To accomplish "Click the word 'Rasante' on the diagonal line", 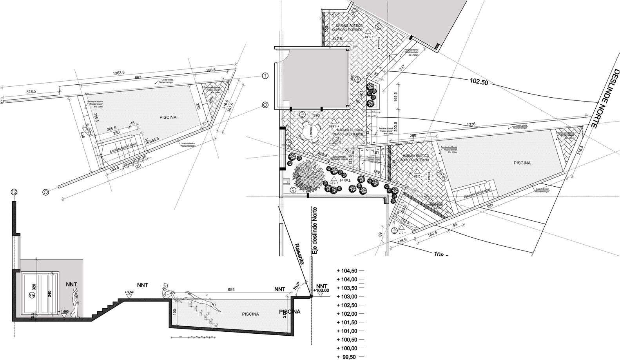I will click(x=299, y=254).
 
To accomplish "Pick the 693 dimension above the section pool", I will click(x=231, y=289).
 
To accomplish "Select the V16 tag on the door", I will click(x=32, y=295).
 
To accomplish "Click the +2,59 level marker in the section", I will click(x=129, y=292).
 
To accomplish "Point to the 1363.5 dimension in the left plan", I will click(x=119, y=73).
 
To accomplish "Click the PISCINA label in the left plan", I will click(x=168, y=117).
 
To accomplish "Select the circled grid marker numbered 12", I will click(x=15, y=192).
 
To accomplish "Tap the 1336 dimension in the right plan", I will click(x=471, y=124).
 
